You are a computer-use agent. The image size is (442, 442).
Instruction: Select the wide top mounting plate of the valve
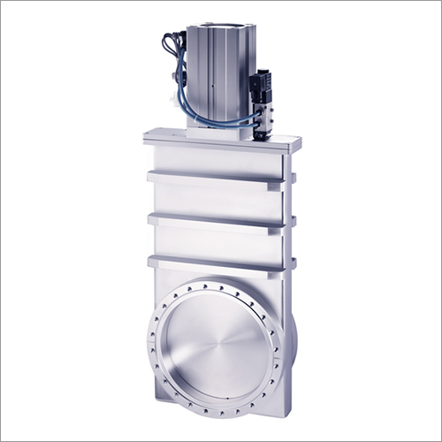point(221,140)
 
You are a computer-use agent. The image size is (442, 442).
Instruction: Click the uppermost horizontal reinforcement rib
point(217,179)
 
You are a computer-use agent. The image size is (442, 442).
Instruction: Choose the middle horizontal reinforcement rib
point(217,219)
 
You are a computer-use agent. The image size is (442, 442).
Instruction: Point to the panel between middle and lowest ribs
point(217,241)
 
